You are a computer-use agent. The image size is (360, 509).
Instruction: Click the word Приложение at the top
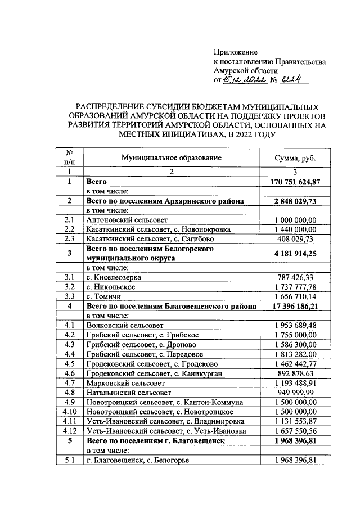tap(235, 52)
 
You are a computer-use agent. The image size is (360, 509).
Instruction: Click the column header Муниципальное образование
tap(171, 158)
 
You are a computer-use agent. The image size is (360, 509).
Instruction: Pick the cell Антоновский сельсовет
tap(122, 220)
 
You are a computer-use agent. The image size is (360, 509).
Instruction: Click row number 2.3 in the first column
tap(70, 239)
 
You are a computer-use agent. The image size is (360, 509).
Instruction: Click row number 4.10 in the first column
tap(70, 412)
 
